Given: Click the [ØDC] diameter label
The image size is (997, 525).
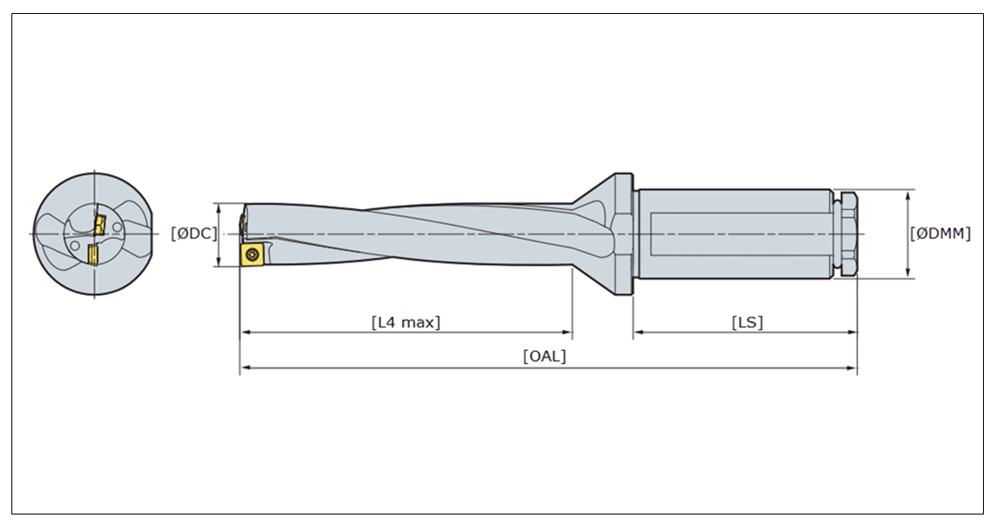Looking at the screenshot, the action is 194,234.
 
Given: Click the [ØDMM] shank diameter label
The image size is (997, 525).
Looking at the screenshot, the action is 940,234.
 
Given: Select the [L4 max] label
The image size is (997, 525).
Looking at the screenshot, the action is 405,322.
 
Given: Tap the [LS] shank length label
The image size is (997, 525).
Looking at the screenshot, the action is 748,322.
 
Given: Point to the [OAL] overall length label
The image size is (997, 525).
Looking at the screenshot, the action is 544,356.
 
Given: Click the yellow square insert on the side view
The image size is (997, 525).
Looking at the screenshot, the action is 252,254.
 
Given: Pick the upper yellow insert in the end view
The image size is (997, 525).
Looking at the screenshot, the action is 100,225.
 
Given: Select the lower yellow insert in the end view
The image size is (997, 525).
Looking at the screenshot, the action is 93,253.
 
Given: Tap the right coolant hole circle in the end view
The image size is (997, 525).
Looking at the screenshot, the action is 117,227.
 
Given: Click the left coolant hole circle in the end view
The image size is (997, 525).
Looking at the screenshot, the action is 75,245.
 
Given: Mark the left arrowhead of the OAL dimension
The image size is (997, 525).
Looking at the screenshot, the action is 245,367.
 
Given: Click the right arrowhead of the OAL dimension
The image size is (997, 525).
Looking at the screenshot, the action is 852,367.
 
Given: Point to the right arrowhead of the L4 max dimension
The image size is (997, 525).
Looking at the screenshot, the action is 567,332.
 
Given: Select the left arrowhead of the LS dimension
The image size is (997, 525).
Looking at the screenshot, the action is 638,332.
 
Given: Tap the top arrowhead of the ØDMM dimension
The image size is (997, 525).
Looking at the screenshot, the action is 908,194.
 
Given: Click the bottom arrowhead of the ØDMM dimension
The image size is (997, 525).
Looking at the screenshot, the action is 908,273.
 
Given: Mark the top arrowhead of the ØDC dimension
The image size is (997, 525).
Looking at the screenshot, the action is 220,208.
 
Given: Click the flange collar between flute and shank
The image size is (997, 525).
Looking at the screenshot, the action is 623,234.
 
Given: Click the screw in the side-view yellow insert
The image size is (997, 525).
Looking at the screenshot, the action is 252,254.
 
